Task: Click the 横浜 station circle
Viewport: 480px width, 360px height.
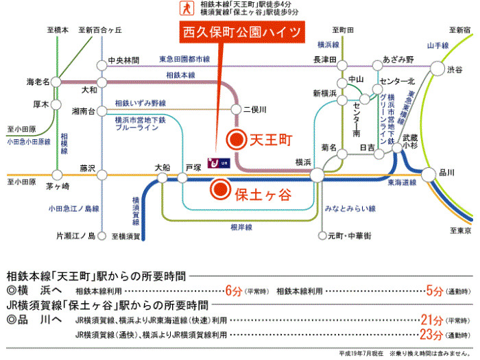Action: click(317, 176)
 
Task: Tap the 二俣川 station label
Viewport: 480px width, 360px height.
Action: click(254, 110)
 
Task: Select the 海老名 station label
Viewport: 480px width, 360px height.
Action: click(38, 82)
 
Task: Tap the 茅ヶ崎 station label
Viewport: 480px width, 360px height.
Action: click(59, 187)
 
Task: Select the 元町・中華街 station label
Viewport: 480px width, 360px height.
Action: click(349, 236)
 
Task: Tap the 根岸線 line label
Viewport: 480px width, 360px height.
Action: click(241, 227)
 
